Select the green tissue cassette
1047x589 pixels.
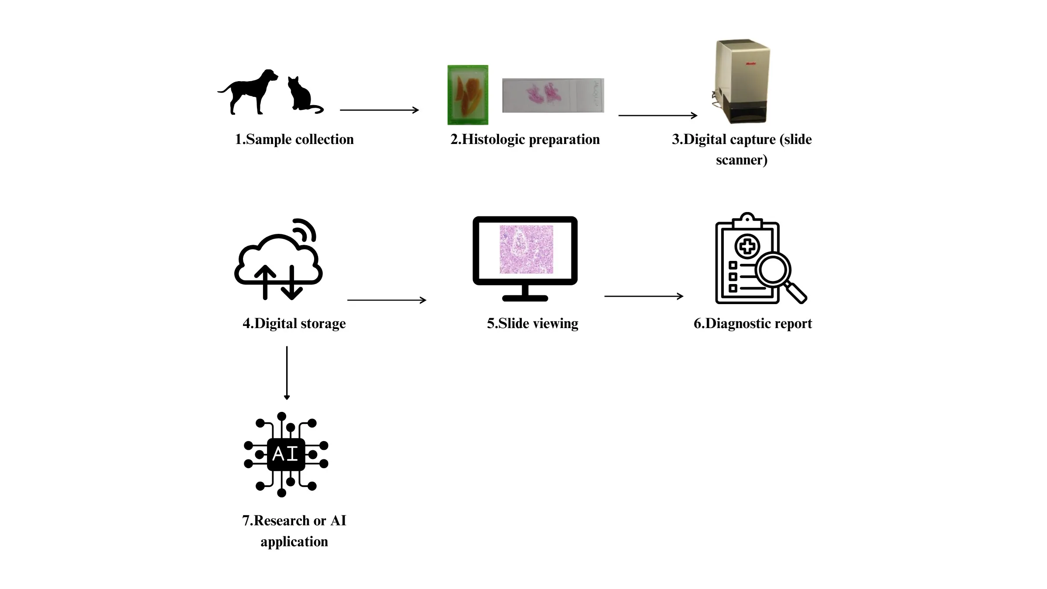pos(468,95)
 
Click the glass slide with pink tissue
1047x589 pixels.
pos(553,96)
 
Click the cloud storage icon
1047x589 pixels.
pos(278,262)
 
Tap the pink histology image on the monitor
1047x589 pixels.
pos(526,250)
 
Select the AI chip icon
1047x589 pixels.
pos(286,454)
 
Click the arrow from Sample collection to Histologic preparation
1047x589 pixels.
pos(379,110)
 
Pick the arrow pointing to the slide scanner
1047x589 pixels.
pos(657,116)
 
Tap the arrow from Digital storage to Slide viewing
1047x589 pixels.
pos(387,300)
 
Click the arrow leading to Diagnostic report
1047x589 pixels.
pos(643,296)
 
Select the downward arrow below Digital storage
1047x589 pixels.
pos(287,373)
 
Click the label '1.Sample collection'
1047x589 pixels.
pos(294,139)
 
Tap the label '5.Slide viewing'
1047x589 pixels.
pos(532,323)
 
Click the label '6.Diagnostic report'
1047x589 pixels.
pos(753,323)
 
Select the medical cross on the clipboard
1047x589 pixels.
pos(747,247)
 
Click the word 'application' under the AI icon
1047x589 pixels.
pos(294,541)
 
